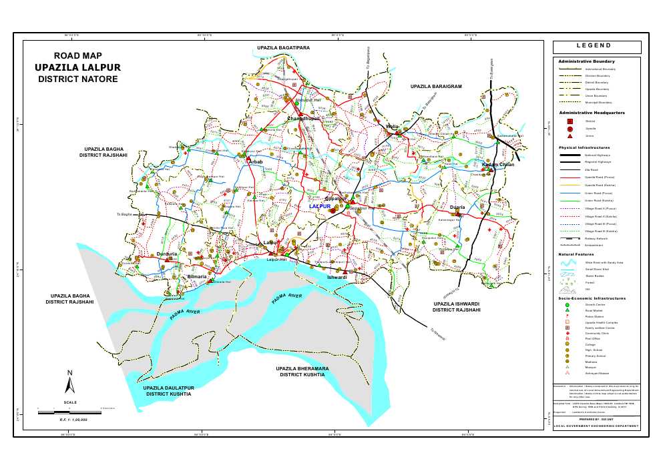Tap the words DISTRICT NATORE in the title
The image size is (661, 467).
point(77,79)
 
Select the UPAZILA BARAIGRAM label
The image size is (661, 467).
point(436,87)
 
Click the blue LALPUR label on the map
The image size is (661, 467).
point(320,207)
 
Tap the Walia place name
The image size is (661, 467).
point(392,126)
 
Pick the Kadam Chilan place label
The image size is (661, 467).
point(498,164)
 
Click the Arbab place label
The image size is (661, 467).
point(256,162)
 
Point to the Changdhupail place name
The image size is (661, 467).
point(304,118)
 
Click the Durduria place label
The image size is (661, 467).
point(166,254)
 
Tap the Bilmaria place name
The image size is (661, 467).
point(197,276)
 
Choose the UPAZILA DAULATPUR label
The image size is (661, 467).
point(168,391)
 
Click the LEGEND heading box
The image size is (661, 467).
point(596,47)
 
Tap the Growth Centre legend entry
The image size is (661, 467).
point(594,305)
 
